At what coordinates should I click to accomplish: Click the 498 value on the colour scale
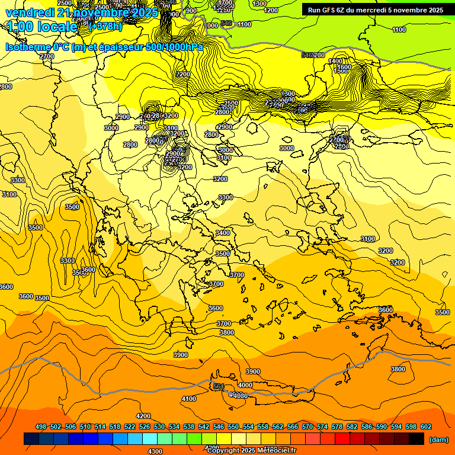(41, 427)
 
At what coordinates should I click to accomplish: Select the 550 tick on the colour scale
(233, 427)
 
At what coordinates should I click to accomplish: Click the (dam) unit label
(438, 440)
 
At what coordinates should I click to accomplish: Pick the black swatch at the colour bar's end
(416, 438)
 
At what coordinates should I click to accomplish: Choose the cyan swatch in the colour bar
(149, 438)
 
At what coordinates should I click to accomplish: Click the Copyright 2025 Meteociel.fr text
(252, 451)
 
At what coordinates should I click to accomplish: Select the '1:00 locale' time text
(41, 27)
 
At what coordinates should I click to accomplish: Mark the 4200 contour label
(143, 416)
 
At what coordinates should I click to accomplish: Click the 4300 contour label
(155, 451)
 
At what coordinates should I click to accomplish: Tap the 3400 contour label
(223, 233)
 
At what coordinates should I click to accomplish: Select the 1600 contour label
(344, 68)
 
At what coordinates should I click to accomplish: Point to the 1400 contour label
(336, 61)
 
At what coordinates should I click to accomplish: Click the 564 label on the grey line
(219, 386)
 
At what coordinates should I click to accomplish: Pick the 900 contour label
(191, 11)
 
